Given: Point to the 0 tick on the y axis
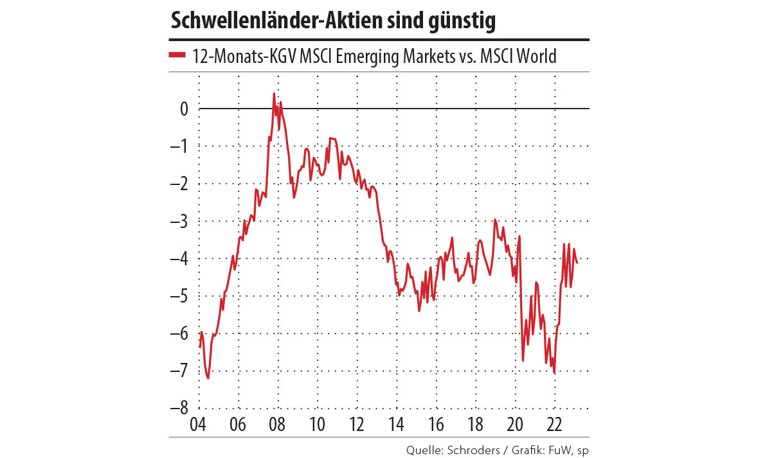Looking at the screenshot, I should click(x=184, y=109).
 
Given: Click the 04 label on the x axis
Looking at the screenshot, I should click(x=199, y=425).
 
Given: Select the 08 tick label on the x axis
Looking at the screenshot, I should click(x=278, y=425).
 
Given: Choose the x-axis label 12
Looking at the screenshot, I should click(x=357, y=425).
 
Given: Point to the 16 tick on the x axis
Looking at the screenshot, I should click(x=436, y=425).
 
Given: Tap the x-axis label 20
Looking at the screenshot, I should click(x=515, y=425).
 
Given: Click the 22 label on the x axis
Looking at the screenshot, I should click(x=554, y=425).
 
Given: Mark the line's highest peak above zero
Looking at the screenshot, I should click(x=274, y=93).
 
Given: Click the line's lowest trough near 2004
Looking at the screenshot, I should click(x=208, y=378).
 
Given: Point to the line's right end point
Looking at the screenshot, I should click(x=577, y=262).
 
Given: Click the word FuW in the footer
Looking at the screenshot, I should click(x=555, y=450).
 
